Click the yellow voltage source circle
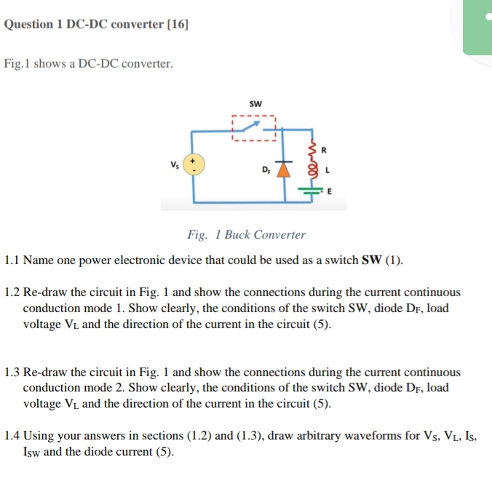(194, 164)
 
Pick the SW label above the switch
(255, 103)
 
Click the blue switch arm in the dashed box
(254, 130)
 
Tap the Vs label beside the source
(174, 164)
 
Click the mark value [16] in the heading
(178, 24)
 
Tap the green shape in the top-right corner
(477, 28)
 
